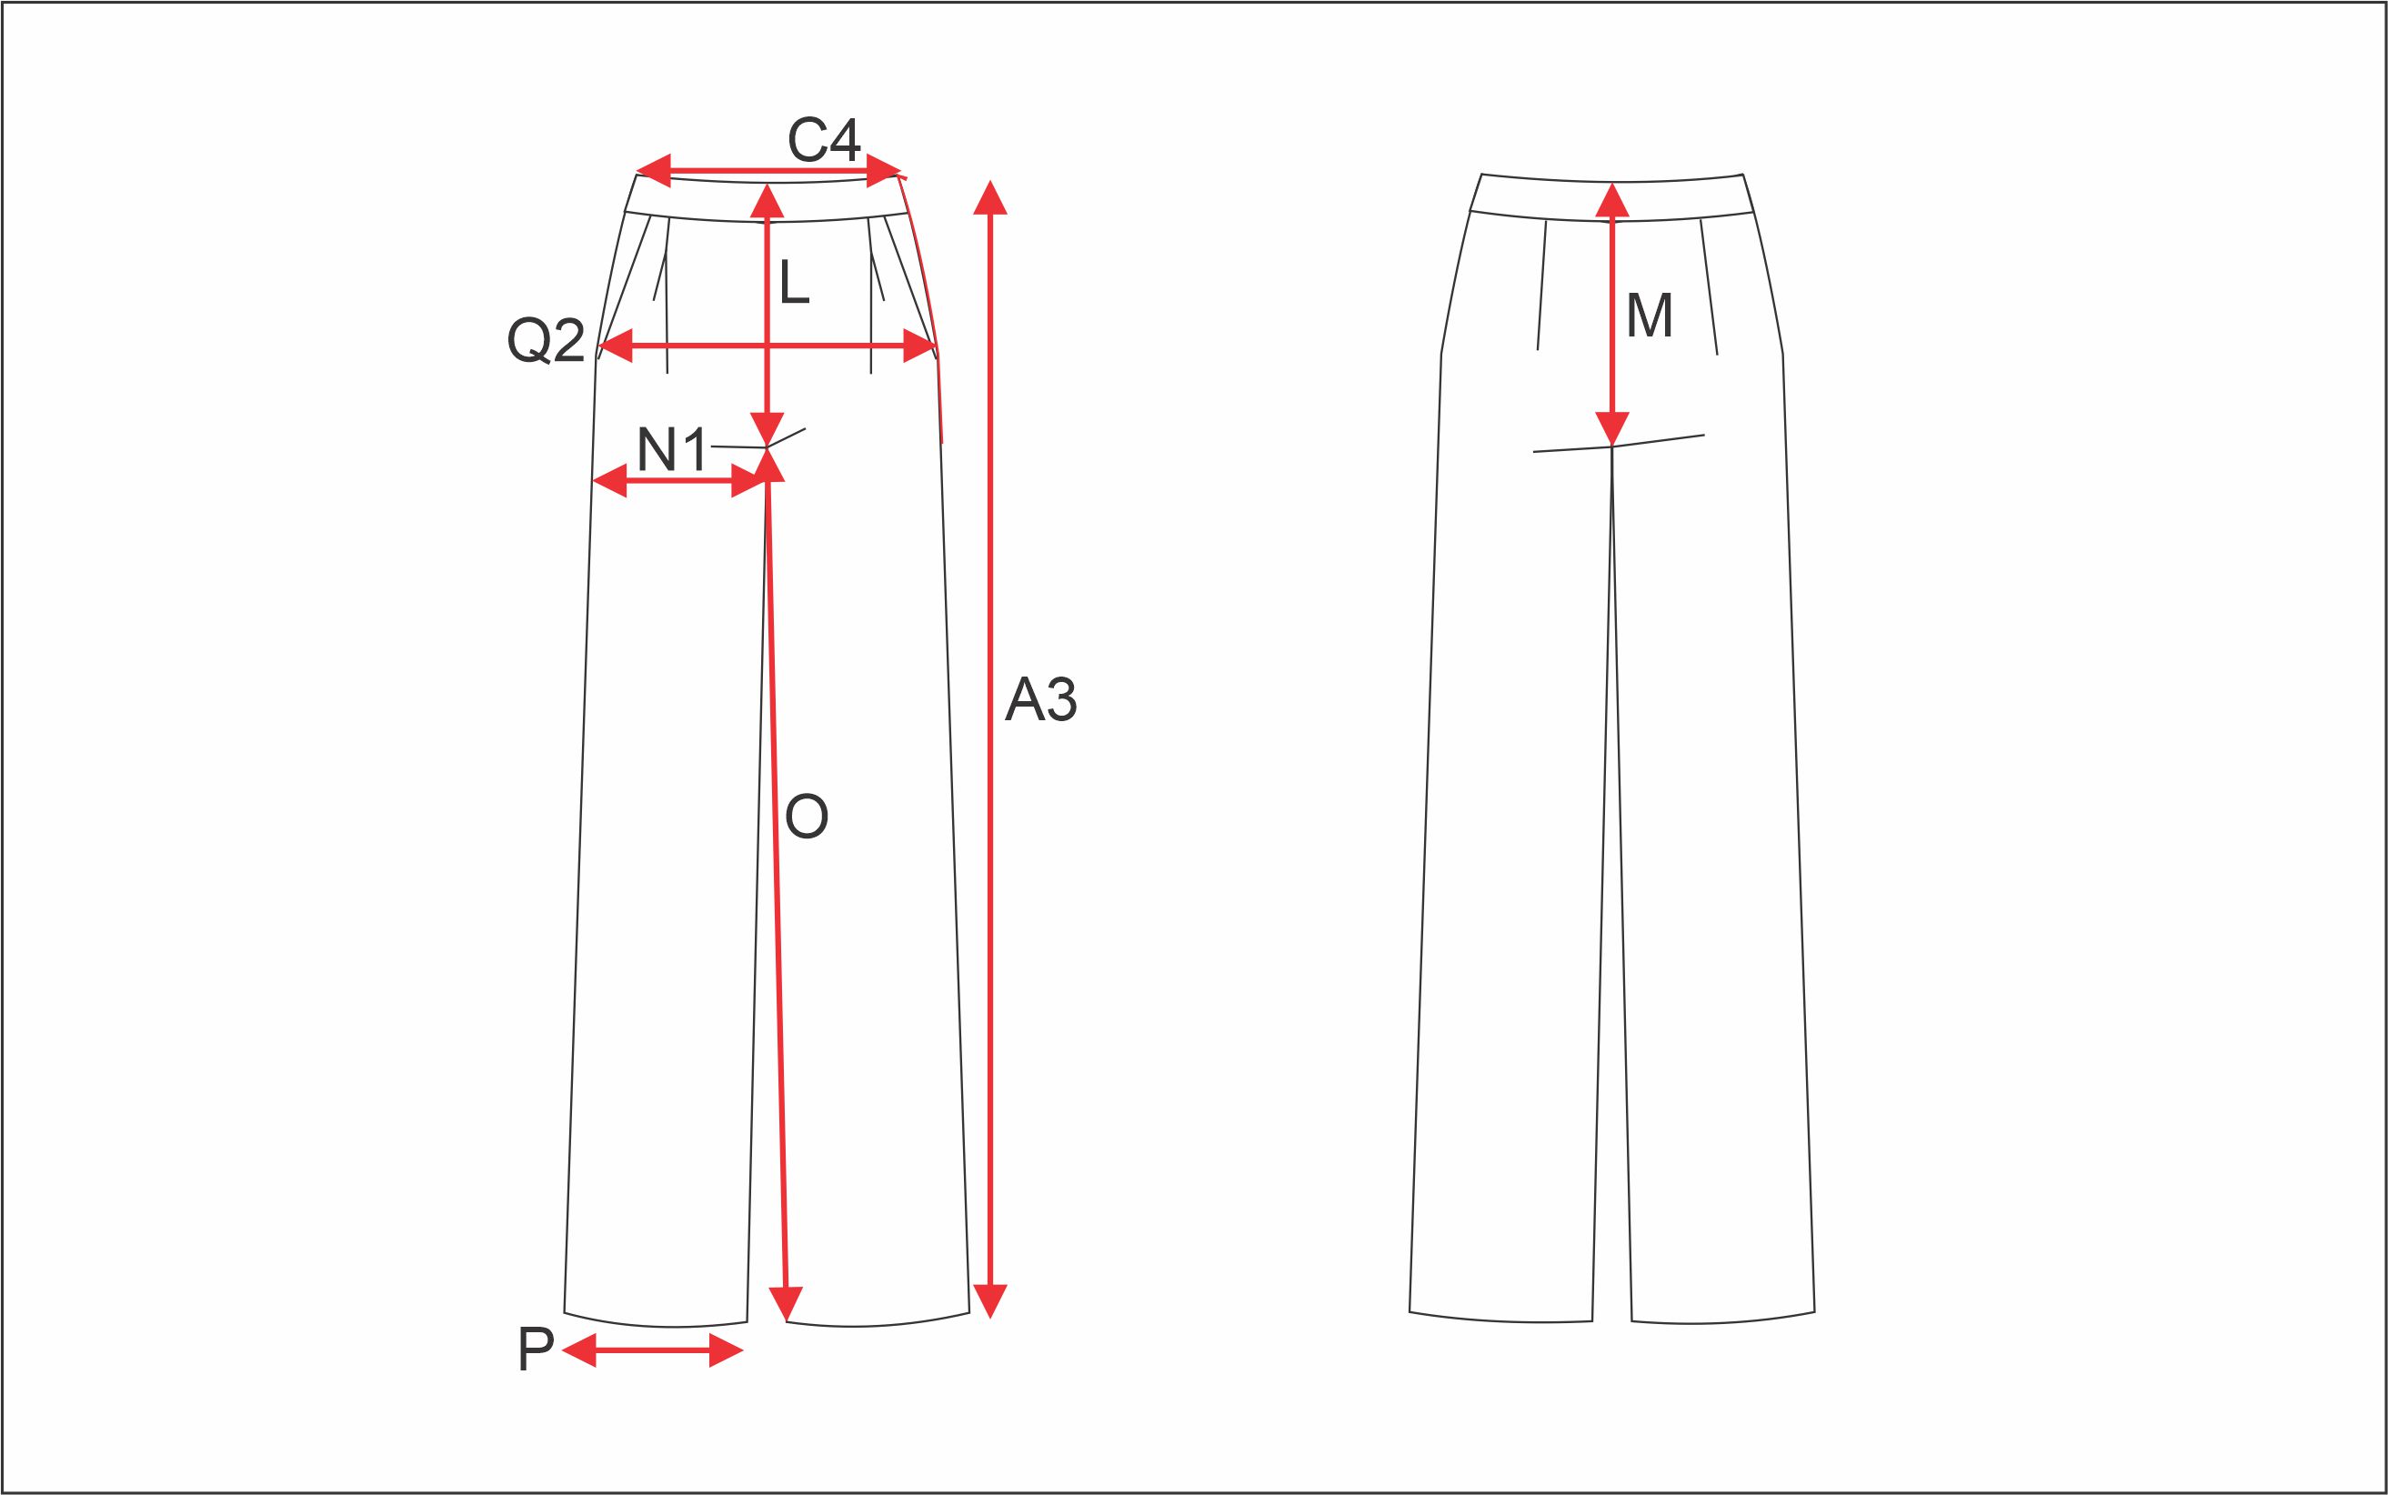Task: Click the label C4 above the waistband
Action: [x=824, y=139]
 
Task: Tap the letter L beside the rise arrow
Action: [x=794, y=282]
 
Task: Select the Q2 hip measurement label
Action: [x=546, y=341]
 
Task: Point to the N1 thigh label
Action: [x=672, y=450]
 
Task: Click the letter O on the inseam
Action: [x=806, y=817]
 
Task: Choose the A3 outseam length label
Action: [x=1040, y=699]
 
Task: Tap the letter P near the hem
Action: [x=535, y=1349]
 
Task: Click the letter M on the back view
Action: [x=1650, y=316]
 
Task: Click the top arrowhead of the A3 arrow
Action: [x=989, y=196]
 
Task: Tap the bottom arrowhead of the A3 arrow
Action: [x=989, y=1301]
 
